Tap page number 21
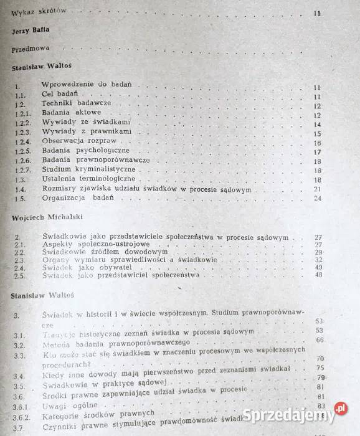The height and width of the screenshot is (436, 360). [x=317, y=189]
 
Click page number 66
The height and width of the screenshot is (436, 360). [x=320, y=339]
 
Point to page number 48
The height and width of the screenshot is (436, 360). [x=319, y=276]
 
